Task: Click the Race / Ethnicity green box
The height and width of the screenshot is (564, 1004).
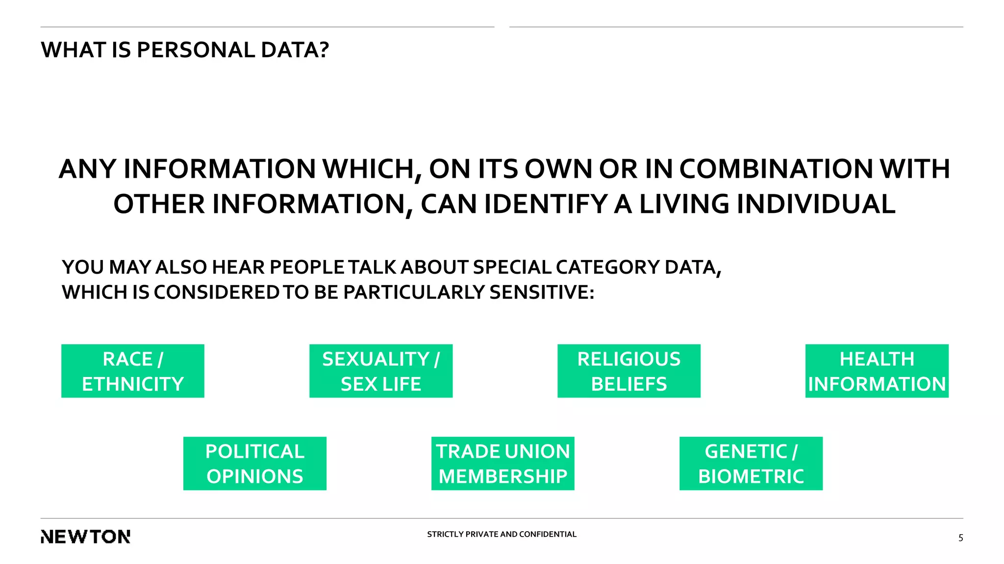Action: pos(132,371)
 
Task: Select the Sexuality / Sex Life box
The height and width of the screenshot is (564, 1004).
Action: pos(381,371)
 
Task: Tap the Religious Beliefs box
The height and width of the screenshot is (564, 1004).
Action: pos(629,371)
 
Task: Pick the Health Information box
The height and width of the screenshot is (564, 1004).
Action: pos(877,371)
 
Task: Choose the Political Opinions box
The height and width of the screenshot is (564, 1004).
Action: pos(255,464)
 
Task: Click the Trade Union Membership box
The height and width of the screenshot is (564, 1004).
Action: pos(503,464)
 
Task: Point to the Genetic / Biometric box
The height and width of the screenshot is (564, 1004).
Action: pos(751,464)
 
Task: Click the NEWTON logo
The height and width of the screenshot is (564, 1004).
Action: pos(86,537)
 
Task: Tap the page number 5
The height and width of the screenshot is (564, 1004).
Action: pos(960,538)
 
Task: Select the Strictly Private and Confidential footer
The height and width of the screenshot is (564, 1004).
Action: pos(502,534)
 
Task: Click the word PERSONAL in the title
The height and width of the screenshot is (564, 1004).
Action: pos(196,50)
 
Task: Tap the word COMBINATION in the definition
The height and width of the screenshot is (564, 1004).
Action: pos(776,169)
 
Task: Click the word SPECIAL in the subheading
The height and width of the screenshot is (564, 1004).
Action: pos(512,267)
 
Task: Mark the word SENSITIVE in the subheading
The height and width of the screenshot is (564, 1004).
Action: pos(542,292)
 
